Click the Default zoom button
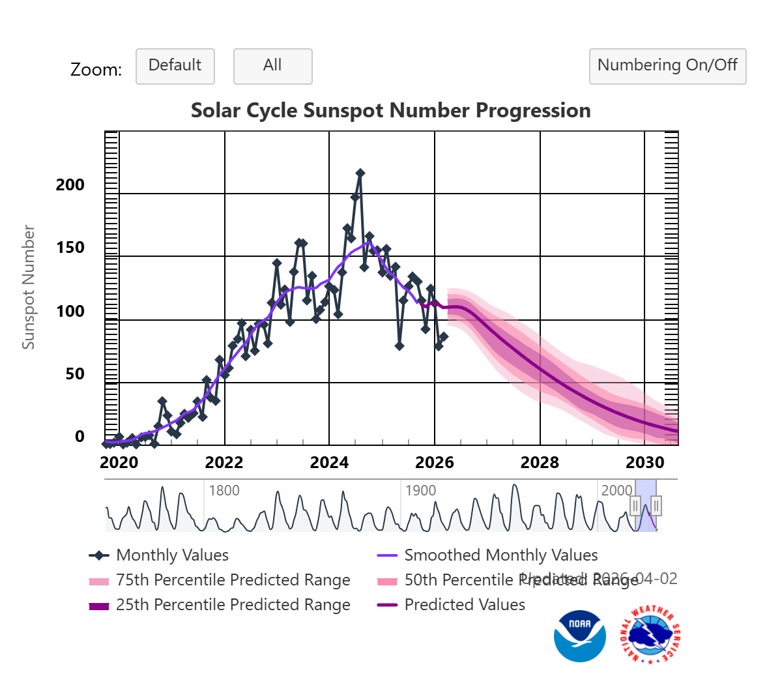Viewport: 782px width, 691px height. click(175, 66)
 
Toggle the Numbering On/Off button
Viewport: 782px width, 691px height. click(667, 66)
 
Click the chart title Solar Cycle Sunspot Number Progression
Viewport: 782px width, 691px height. click(390, 110)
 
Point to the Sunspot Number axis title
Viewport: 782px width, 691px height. click(28, 287)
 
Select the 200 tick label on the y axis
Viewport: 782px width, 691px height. click(70, 185)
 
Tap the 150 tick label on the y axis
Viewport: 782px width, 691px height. click(70, 248)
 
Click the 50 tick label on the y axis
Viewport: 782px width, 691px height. click(75, 374)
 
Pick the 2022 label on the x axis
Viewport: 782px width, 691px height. click(224, 463)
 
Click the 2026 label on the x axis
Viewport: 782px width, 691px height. click(434, 463)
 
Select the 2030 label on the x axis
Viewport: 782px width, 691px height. click(644, 463)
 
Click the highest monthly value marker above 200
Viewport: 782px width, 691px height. click(360, 173)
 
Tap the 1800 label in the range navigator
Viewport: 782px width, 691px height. click(224, 490)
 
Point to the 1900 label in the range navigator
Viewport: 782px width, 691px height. click(420, 490)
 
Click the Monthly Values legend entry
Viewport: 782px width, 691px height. click(172, 555)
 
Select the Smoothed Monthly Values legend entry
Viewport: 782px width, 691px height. click(500, 555)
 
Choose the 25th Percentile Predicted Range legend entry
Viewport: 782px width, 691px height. click(233, 605)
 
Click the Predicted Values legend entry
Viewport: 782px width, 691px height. click(464, 605)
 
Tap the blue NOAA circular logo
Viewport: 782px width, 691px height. click(579, 636)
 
